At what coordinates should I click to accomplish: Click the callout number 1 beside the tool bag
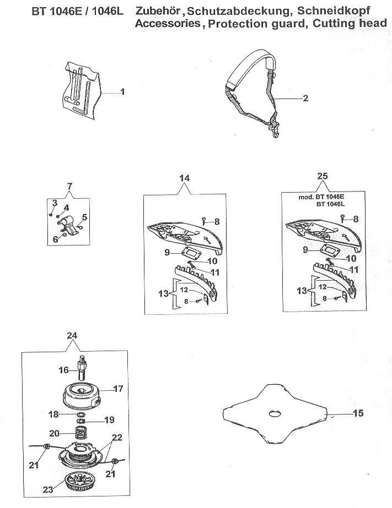[122, 92]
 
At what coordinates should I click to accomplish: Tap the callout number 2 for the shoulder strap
[305, 98]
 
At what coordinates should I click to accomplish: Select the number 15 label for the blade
[358, 413]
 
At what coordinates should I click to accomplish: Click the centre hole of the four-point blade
[275, 414]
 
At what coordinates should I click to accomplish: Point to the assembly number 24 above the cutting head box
[72, 335]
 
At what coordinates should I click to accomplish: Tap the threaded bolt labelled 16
[82, 368]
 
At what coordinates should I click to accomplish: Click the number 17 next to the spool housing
[118, 389]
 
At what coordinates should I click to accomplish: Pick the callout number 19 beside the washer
[109, 420]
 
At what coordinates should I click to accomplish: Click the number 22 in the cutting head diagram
[117, 438]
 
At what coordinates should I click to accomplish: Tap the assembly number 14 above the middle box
[184, 178]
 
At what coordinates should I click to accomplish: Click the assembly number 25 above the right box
[322, 176]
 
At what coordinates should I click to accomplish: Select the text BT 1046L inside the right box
[330, 204]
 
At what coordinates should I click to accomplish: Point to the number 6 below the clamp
[56, 239]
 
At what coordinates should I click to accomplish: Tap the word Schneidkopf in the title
[334, 10]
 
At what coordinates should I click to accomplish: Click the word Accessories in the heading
[168, 23]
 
